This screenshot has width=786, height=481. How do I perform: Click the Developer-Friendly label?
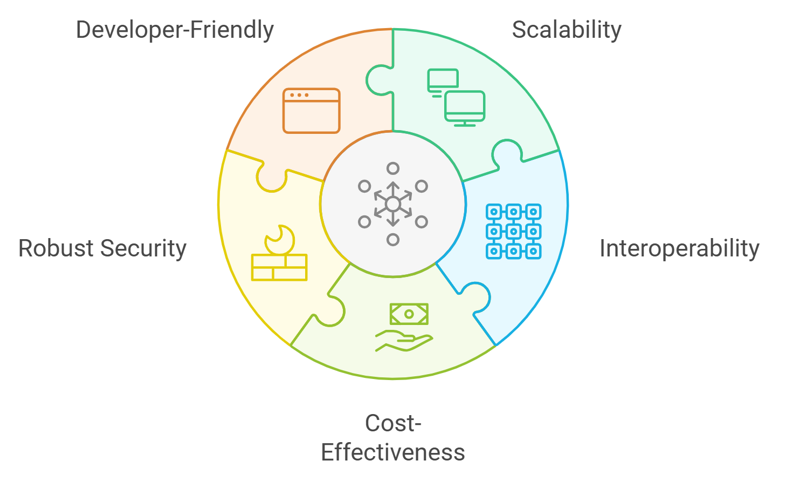[x=175, y=30]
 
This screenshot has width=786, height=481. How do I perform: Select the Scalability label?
[x=567, y=30]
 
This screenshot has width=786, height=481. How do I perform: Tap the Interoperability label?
[x=679, y=249]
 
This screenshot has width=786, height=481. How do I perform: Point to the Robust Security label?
[x=102, y=249]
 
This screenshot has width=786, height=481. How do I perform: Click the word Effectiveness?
[x=392, y=452]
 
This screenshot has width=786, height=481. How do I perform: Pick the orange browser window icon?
[x=312, y=111]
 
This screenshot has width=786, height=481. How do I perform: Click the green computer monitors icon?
[x=456, y=97]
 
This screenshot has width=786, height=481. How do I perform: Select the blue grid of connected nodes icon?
[x=513, y=231]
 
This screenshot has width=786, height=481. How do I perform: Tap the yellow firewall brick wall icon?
[x=279, y=267]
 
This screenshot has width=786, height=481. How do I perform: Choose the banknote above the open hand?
[x=409, y=314]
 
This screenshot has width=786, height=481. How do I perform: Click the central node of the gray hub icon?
[x=393, y=204]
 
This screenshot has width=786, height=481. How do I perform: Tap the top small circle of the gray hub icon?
[x=393, y=168]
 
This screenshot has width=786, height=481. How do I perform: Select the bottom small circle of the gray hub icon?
[x=393, y=240]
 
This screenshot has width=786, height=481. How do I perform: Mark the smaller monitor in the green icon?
[x=443, y=80]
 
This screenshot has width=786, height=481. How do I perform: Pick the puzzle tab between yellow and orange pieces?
[x=271, y=178]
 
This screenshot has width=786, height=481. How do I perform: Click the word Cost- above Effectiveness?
[x=392, y=423]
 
